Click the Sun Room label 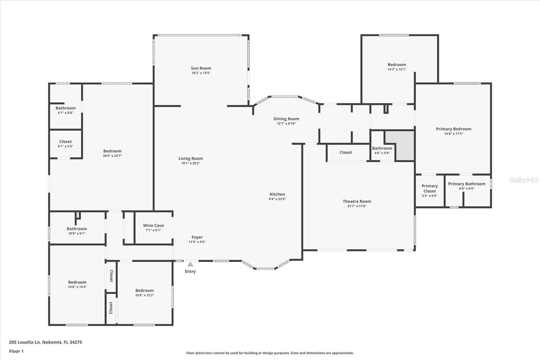[201, 68]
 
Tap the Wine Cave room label [153, 225]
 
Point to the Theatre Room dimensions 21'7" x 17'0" [357, 206]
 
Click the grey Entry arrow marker [190, 264]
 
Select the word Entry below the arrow [190, 272]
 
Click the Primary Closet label [430, 188]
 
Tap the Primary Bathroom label [467, 184]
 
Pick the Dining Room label [286, 119]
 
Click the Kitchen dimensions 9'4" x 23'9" [277, 199]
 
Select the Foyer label [197, 237]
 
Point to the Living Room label [190, 158]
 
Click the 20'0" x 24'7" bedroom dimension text [112, 156]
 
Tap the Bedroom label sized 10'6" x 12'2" [144, 290]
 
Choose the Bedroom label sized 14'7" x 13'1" [397, 65]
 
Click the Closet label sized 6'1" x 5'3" [65, 142]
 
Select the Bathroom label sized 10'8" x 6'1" [77, 229]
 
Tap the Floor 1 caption [16, 351]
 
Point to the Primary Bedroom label [454, 129]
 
